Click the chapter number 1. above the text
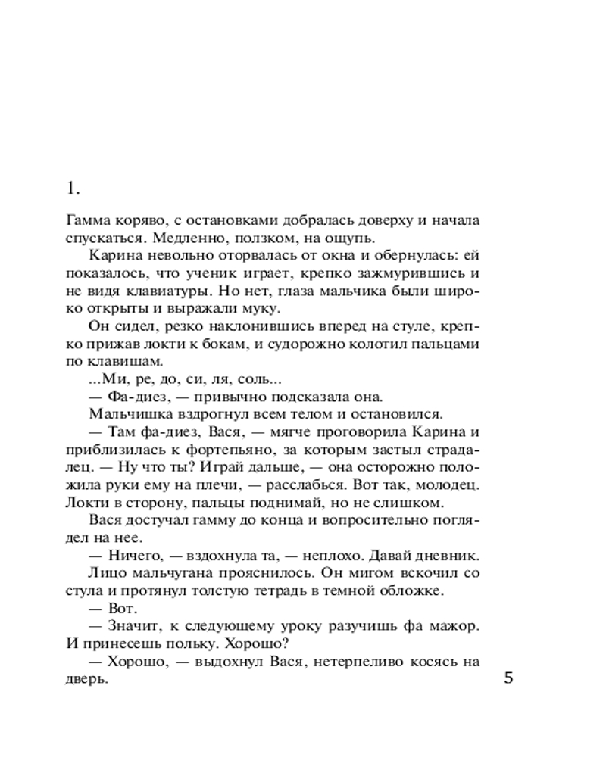[73, 188]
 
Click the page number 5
[508, 678]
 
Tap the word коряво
[139, 220]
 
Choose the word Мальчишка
[125, 413]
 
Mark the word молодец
[450, 483]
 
